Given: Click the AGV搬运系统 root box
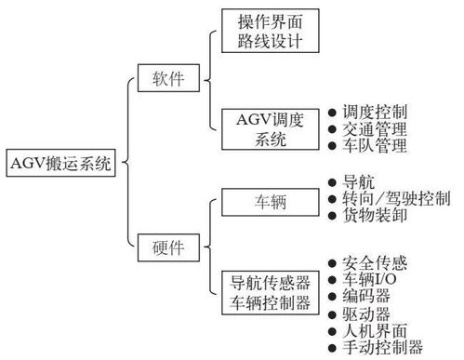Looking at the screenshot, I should tap(59, 166).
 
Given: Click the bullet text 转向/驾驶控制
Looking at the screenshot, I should tap(396, 199).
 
